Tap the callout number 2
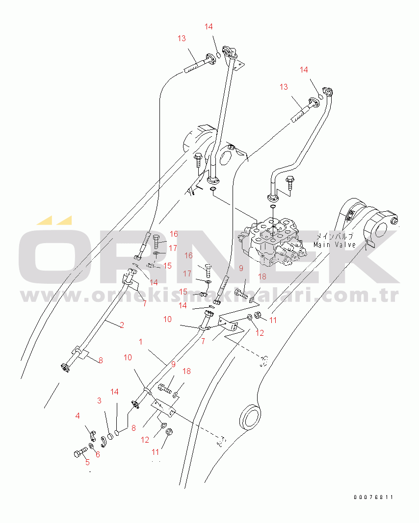click(122, 324)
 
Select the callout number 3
click(99, 400)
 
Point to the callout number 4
click(77, 416)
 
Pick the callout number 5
click(87, 462)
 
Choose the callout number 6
click(98, 455)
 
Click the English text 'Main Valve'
click(335, 245)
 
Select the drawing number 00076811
click(373, 497)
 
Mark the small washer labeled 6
click(91, 447)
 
